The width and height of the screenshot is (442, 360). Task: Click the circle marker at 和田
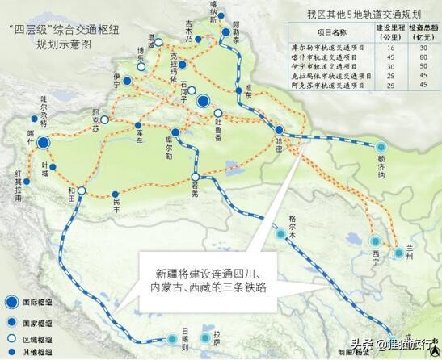click(81, 192)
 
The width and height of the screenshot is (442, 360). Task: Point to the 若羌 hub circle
click(195, 177)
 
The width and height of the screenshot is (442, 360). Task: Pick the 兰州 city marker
click(400, 253)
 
